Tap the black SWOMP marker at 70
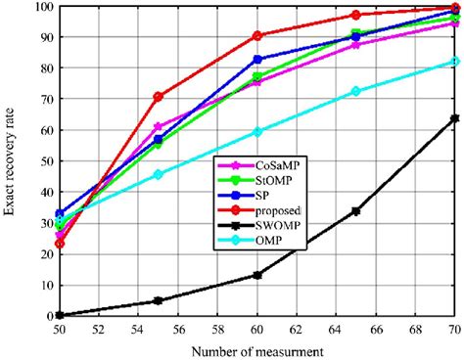(x=455, y=118)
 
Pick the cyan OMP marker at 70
(x=455, y=61)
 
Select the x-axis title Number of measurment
(x=256, y=350)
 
